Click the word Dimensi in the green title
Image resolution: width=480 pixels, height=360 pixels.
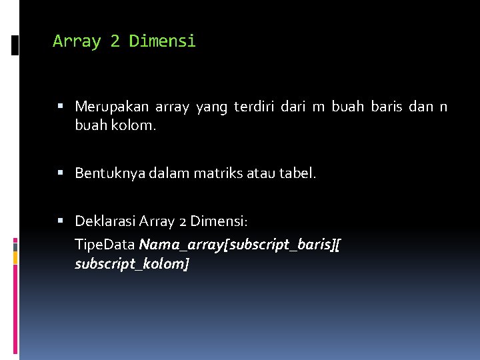163,41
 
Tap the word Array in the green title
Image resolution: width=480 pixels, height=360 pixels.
76,41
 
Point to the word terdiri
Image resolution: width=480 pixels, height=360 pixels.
254,107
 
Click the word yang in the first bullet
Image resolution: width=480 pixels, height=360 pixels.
211,107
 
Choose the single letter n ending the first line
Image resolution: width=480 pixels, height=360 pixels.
443,107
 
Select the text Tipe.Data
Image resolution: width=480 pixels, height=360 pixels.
105,245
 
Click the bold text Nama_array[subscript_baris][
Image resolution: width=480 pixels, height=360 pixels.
240,245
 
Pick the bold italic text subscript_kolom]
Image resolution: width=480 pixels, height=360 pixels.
132,264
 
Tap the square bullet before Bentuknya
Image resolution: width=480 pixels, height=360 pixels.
61,173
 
